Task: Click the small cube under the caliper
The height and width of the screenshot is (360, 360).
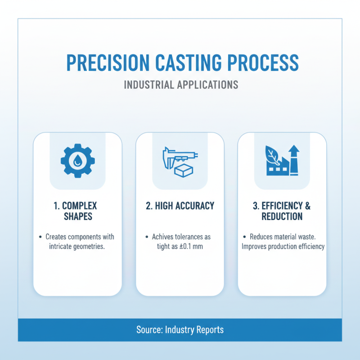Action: (x=181, y=171)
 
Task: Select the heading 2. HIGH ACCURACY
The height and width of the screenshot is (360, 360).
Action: (x=180, y=206)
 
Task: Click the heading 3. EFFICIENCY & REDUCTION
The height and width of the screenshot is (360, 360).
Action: (x=282, y=211)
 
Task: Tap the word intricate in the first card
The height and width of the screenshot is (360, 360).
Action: (x=62, y=247)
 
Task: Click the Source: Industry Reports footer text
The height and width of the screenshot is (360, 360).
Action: (x=180, y=330)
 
